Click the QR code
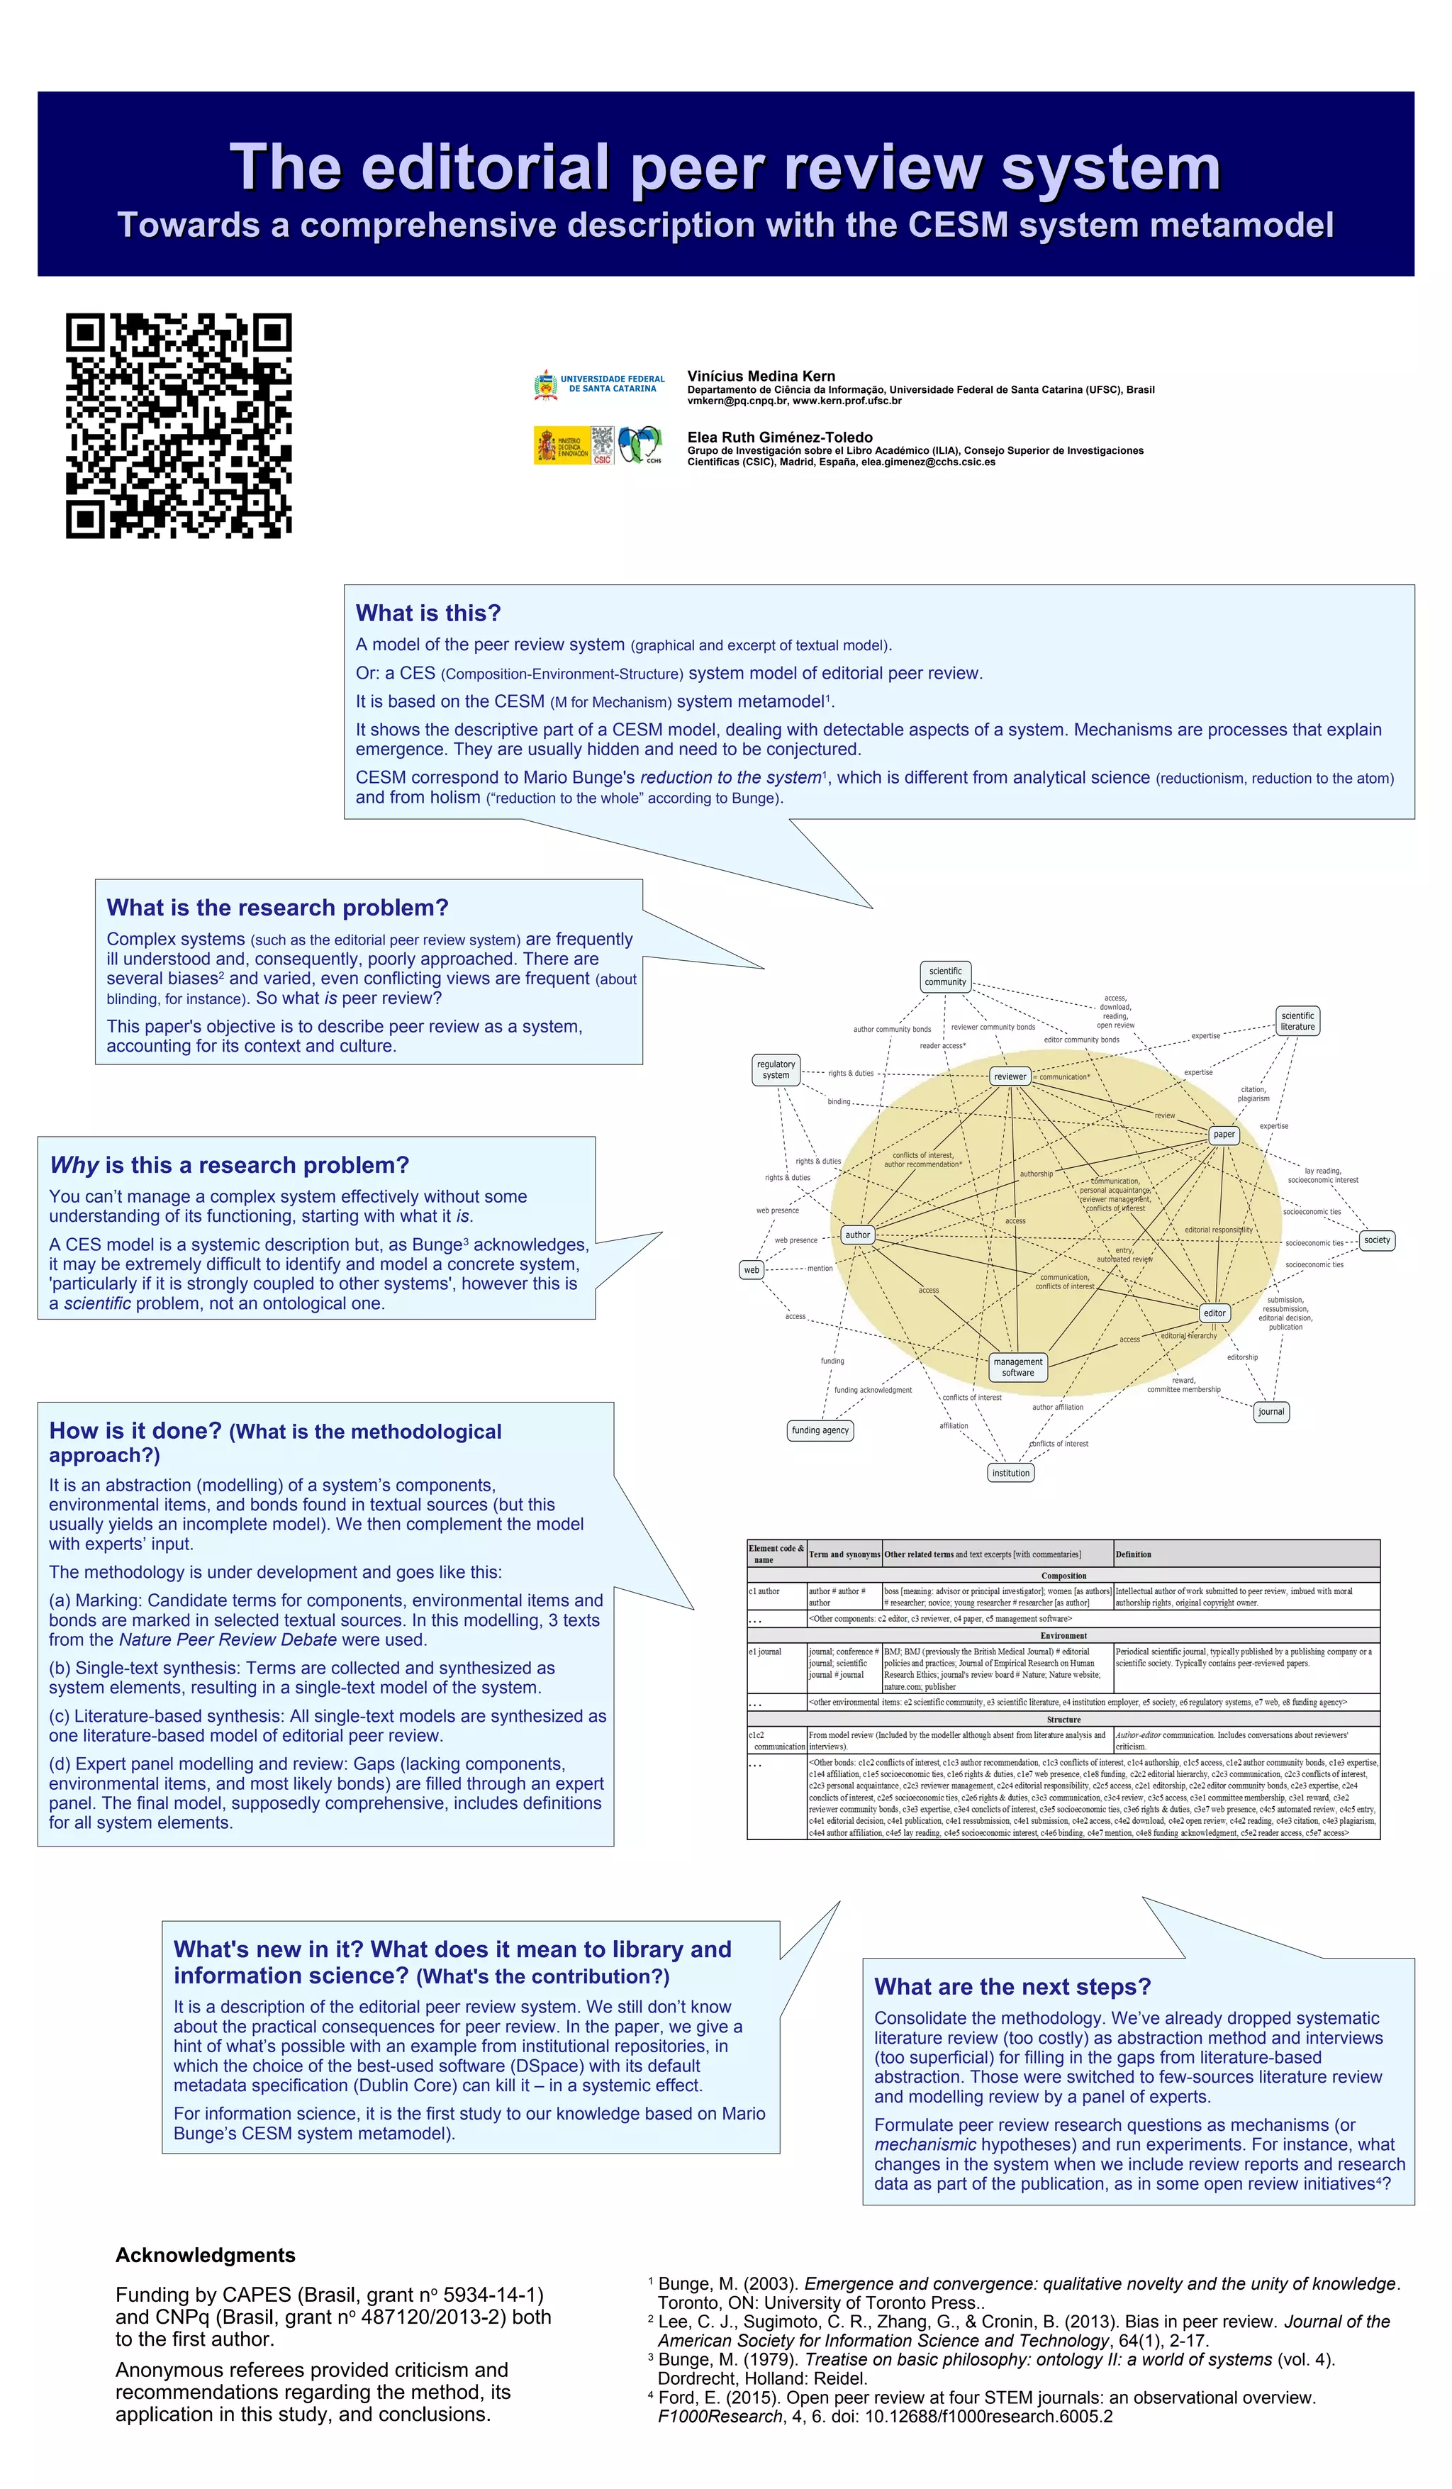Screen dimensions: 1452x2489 coord(179,425)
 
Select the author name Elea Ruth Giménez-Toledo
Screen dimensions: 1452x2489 coord(779,438)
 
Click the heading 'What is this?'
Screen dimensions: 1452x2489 coord(428,613)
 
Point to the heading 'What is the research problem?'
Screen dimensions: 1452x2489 coord(277,908)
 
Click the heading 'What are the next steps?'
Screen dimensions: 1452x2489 coord(1012,1986)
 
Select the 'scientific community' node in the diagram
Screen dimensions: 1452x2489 coord(944,976)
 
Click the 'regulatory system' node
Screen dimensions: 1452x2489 coord(776,1069)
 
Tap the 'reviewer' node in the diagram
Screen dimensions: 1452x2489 coord(1010,1076)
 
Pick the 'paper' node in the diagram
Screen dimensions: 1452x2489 coord(1223,1134)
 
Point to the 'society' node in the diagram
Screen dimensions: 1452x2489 coord(1376,1240)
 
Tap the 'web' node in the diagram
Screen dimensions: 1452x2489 coord(752,1270)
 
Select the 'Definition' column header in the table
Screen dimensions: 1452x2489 coord(1133,1554)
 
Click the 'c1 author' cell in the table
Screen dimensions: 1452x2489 coord(764,1591)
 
